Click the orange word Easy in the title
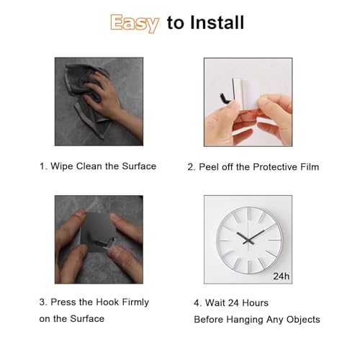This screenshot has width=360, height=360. point(135,23)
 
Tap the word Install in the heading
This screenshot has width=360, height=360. point(217,22)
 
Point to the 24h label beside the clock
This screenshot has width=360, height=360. point(281,276)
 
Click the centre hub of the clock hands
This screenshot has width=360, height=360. point(248,240)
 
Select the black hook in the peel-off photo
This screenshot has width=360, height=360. point(225,99)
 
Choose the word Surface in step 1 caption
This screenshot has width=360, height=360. point(139,166)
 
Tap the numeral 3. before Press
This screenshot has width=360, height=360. point(43,302)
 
